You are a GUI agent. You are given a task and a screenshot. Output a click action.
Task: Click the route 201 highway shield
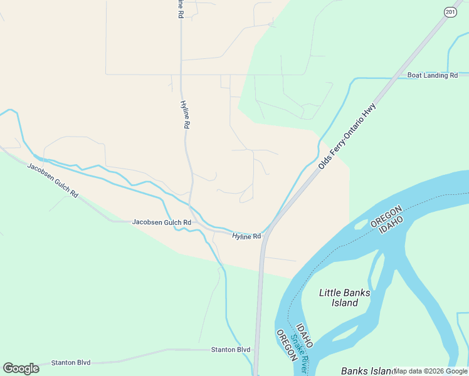point(450,12)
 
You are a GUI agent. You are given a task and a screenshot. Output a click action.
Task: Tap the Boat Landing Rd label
point(433,76)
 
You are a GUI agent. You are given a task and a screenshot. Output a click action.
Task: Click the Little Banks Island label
point(345,298)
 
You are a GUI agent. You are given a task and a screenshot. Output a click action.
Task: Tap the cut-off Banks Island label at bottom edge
point(368,371)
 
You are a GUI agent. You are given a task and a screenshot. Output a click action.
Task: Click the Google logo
point(21,368)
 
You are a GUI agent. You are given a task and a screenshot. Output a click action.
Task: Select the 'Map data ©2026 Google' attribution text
point(431,371)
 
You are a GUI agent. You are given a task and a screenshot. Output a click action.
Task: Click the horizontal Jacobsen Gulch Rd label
point(161,222)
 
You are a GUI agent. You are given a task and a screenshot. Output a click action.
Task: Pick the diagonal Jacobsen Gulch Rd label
point(53,180)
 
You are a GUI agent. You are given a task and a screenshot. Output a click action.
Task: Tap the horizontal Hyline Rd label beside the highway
point(246,236)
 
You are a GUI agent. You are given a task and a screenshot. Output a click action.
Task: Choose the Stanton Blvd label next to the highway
point(230,350)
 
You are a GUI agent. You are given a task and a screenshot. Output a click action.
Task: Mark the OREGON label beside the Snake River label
point(286,345)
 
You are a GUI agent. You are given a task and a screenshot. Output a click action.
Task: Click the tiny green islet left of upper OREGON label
point(361,224)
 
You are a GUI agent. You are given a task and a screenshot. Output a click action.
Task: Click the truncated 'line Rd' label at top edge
point(181,8)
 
